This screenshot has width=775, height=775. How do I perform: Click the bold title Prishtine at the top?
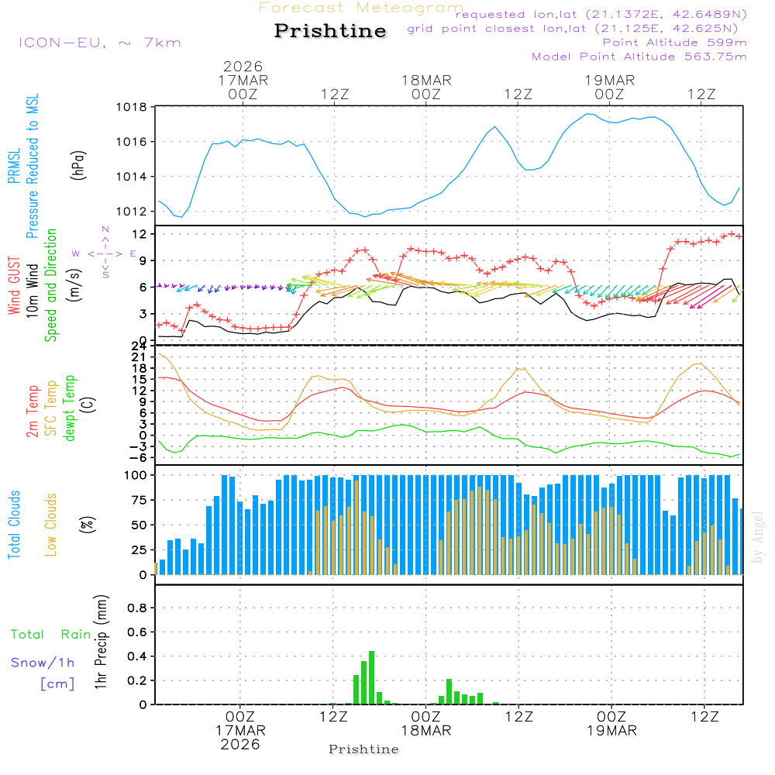(330, 31)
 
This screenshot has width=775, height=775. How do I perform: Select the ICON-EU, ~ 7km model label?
(99, 43)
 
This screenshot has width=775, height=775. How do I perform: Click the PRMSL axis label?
(13, 166)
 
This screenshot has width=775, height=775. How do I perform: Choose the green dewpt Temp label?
(70, 408)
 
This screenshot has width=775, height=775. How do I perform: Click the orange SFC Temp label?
(51, 408)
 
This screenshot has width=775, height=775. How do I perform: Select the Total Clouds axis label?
(13, 525)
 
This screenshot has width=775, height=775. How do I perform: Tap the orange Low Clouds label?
(51, 525)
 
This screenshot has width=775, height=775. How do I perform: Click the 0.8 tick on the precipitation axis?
(136, 608)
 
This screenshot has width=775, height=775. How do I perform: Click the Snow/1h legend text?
(43, 663)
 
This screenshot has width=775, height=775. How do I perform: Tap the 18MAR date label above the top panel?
(426, 81)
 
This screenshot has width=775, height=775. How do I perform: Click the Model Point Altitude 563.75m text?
(639, 56)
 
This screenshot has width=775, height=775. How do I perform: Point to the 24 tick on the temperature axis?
(139, 346)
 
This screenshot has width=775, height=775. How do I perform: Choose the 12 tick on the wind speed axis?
(139, 234)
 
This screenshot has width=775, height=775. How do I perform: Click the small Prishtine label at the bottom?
(363, 749)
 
